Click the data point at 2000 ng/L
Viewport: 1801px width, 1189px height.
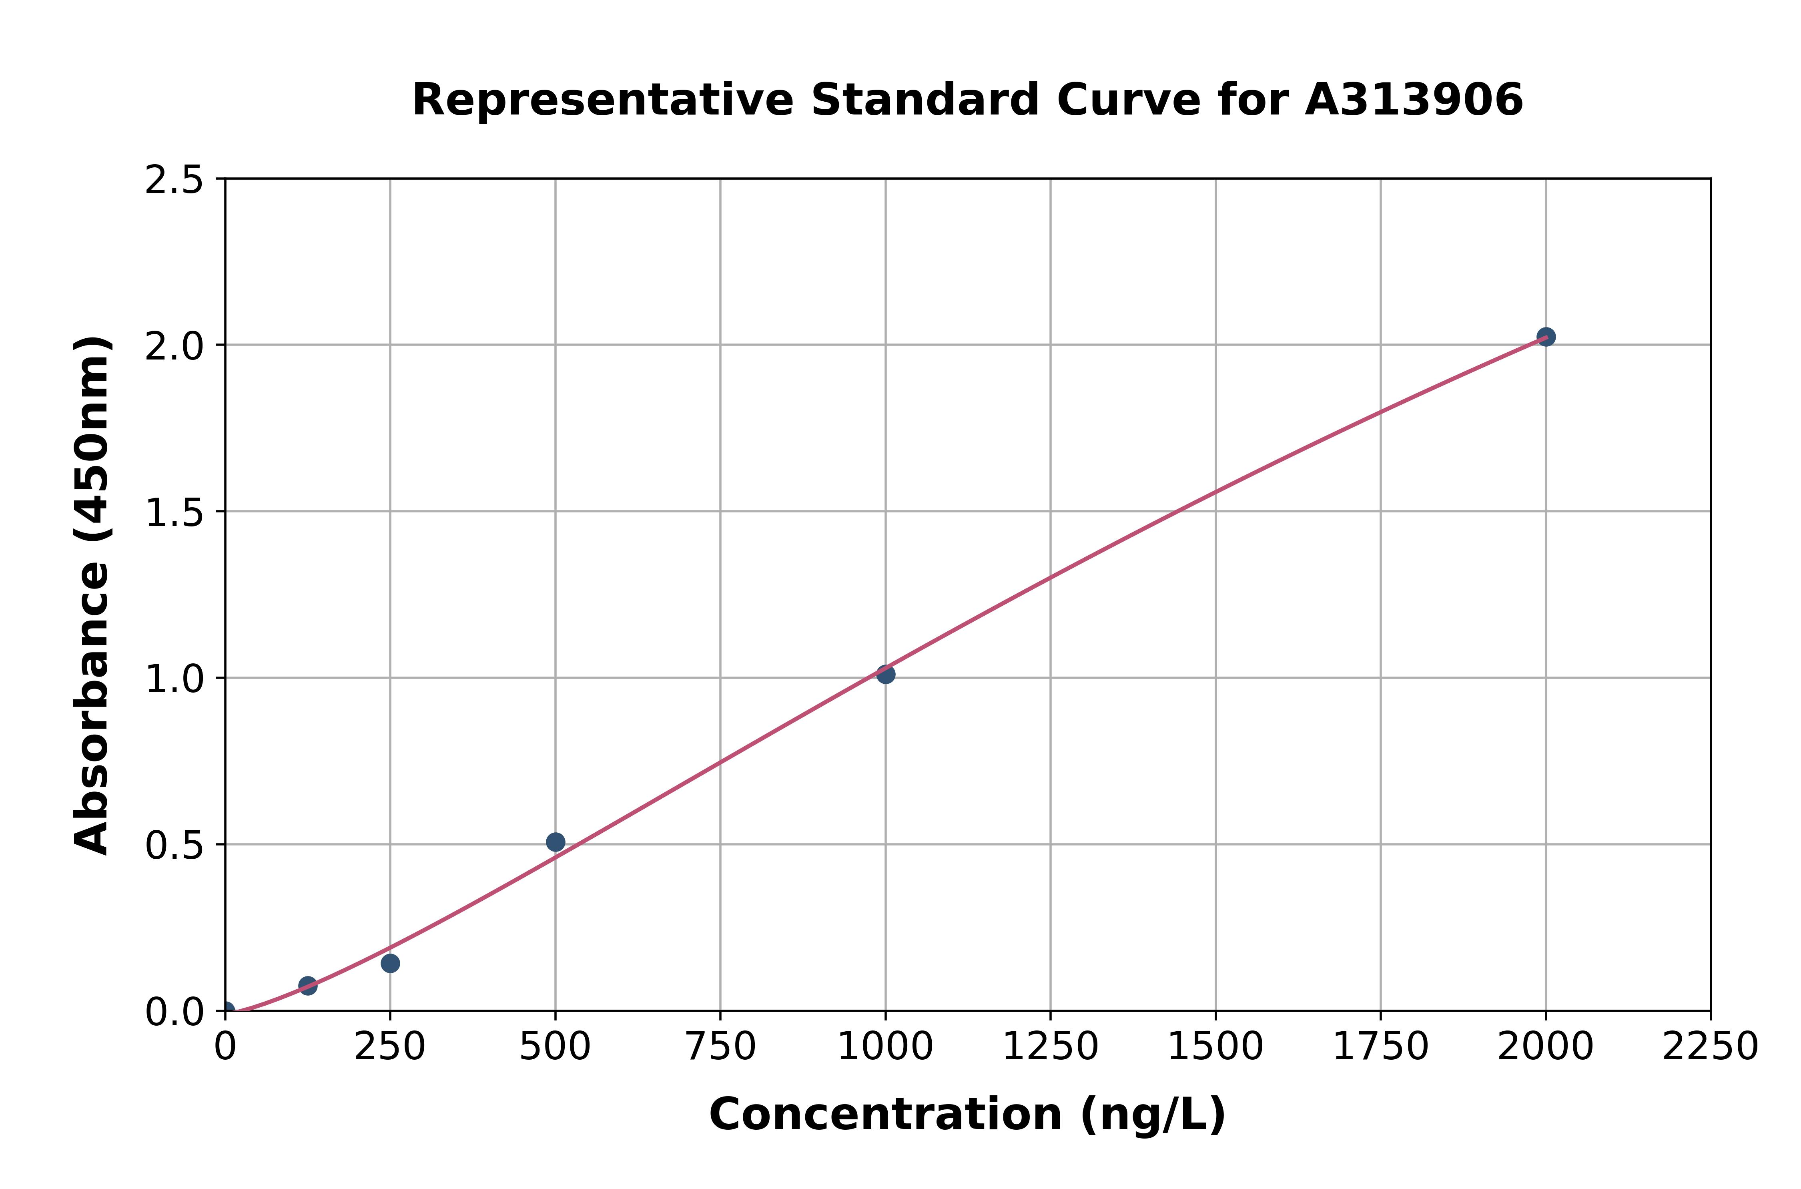(1546, 337)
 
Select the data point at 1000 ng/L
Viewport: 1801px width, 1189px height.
(885, 674)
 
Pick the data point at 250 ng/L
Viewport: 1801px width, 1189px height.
(390, 963)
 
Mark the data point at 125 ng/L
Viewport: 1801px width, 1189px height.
(308, 986)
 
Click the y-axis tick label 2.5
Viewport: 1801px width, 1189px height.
(174, 181)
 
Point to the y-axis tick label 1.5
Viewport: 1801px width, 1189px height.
(174, 512)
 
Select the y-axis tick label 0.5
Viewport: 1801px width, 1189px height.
(174, 845)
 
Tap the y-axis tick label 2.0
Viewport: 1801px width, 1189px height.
(174, 347)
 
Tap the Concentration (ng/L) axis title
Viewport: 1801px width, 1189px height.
(967, 1115)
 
